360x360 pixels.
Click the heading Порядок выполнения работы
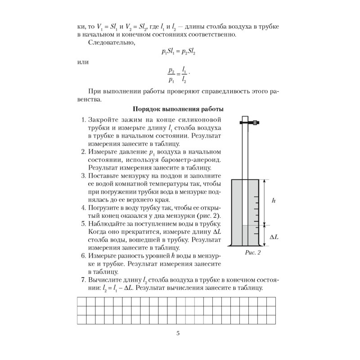pyautogui.click(x=179, y=109)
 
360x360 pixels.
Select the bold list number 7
pyautogui.click(x=83, y=280)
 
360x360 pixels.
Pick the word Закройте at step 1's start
pyautogui.click(x=104, y=121)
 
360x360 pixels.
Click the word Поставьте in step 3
pyautogui.click(x=106, y=176)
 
